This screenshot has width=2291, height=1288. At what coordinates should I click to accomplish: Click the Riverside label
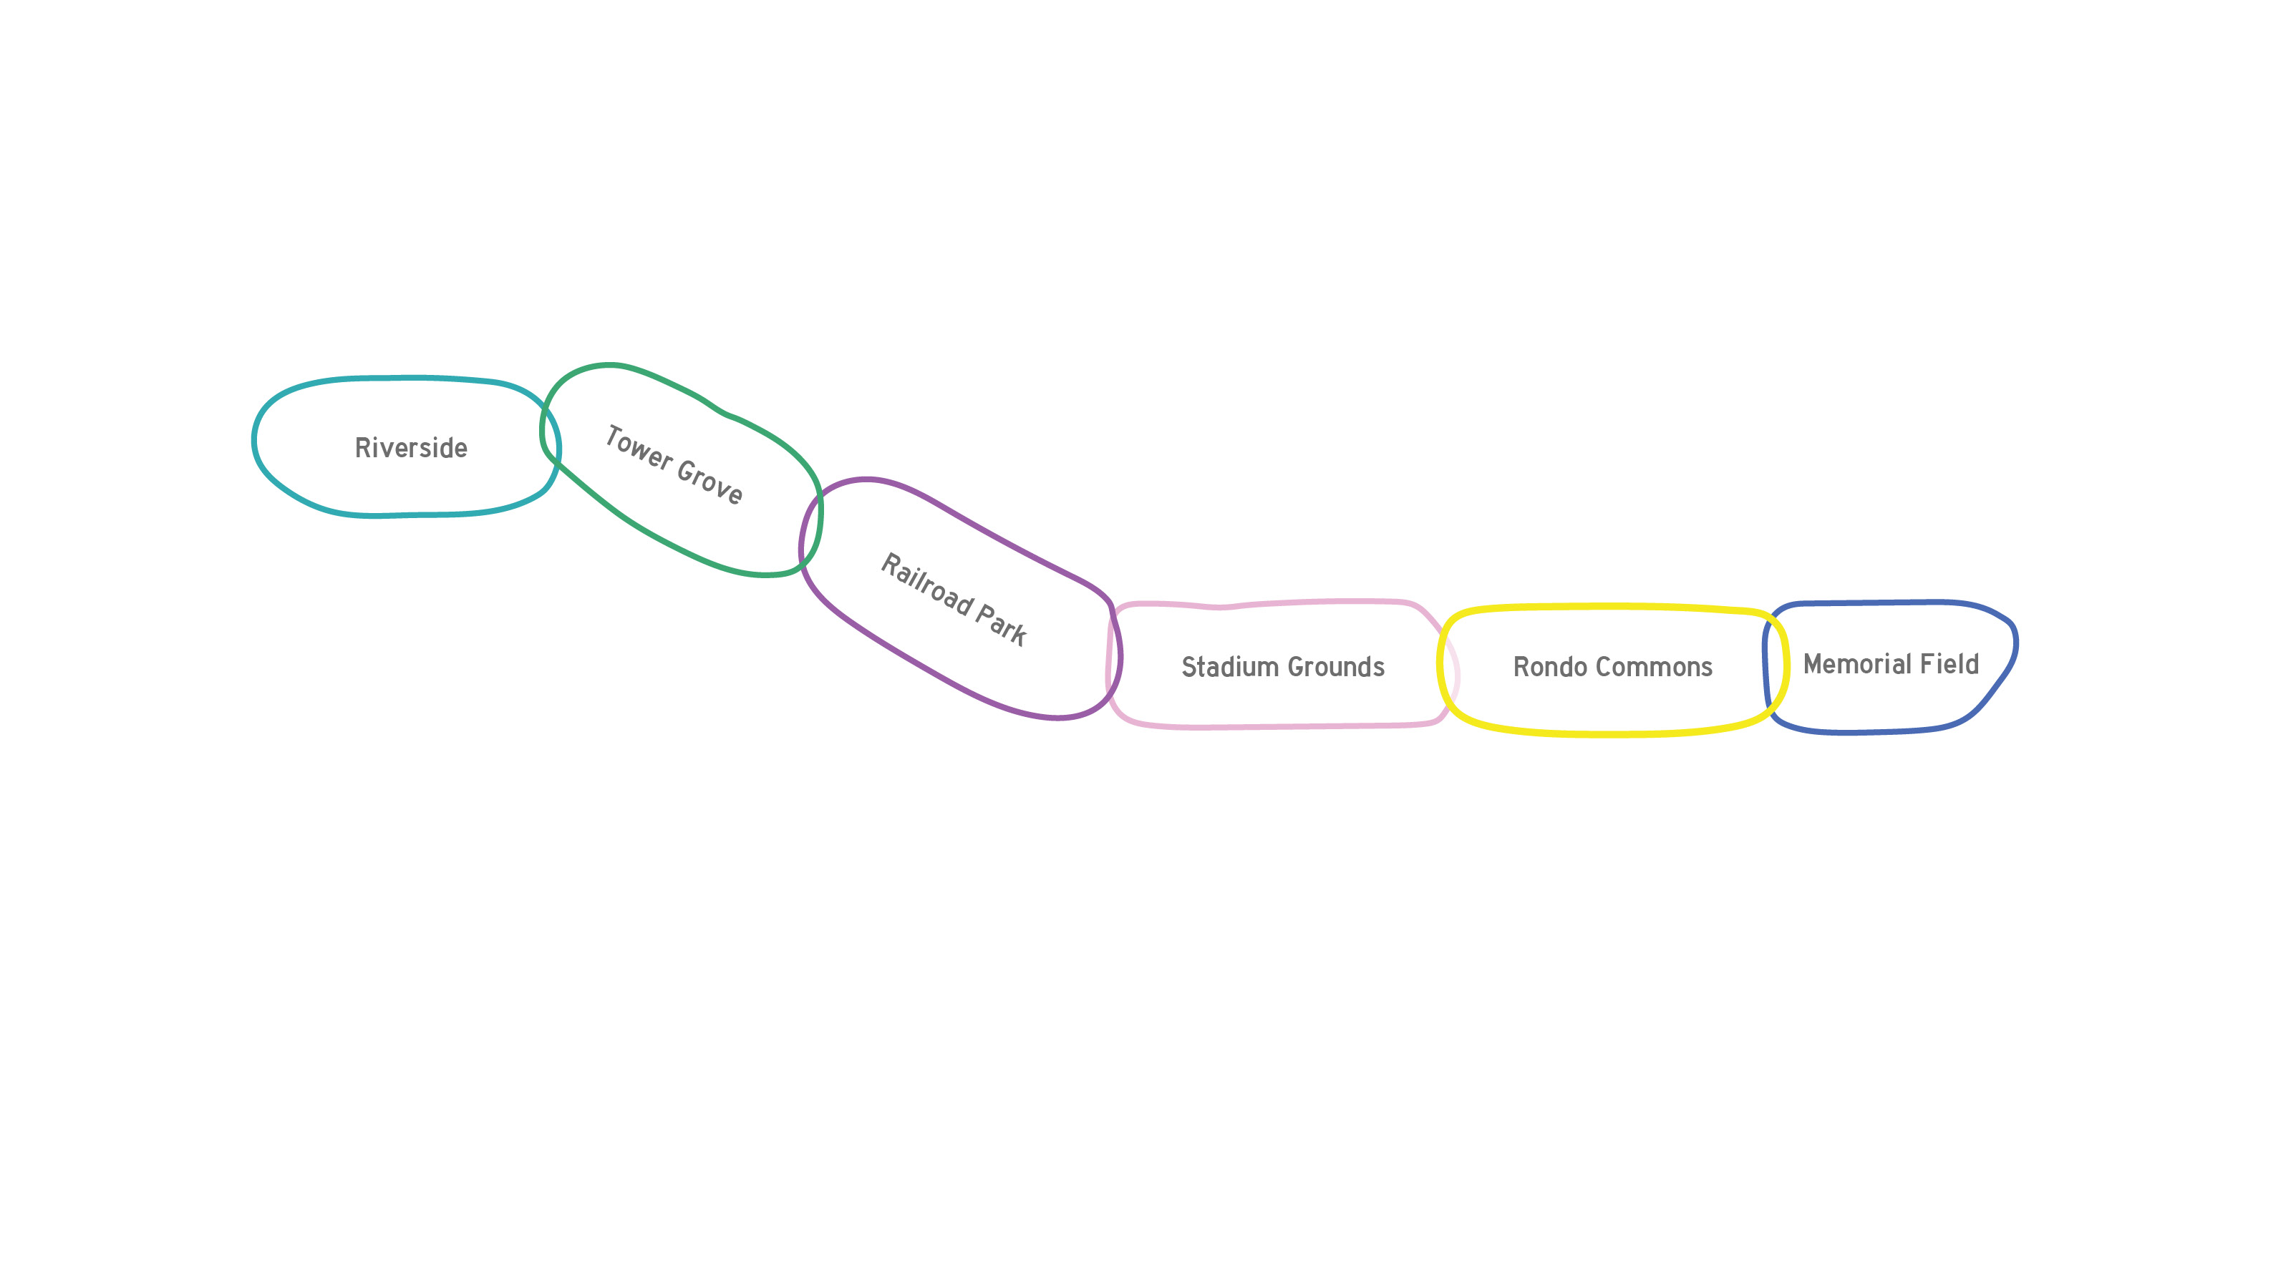coord(411,448)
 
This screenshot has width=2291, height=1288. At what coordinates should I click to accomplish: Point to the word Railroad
coord(925,584)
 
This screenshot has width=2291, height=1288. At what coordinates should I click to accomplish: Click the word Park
coord(1002,624)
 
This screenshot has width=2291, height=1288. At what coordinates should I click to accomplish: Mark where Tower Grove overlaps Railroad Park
coord(811,529)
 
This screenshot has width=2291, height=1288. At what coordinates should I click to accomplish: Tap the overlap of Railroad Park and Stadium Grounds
coord(1113,658)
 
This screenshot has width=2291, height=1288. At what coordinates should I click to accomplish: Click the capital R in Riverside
coord(363,448)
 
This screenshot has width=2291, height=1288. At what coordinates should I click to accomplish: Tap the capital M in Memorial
coord(1814,664)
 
